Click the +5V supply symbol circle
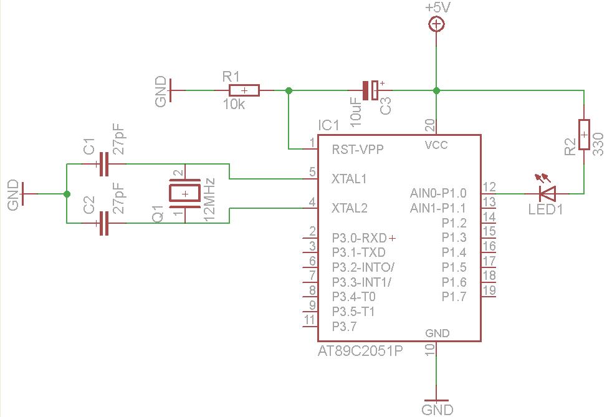coord(436,24)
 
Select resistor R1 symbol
coord(244,90)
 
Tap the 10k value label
coord(234,105)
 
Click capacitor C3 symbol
coord(370,90)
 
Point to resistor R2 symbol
coord(584,135)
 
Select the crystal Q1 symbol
coord(184,193)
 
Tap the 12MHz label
coord(209,200)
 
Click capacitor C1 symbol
coord(103,164)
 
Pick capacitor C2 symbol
coord(103,223)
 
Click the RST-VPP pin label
coord(358,150)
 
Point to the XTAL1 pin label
coord(349,178)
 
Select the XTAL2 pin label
coord(349,208)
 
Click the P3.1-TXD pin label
coord(358,252)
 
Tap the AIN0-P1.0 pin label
coord(438,193)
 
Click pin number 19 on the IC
coord(489,290)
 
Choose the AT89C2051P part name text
coord(360,351)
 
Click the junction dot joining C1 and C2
coord(67,194)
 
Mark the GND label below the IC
coord(437,410)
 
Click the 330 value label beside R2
coord(598,144)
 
